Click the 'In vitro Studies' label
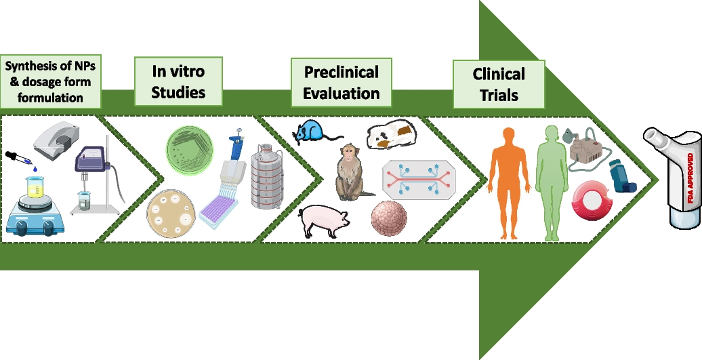click(x=178, y=81)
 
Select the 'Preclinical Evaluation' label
click(x=341, y=83)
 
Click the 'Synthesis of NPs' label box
click(x=51, y=81)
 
